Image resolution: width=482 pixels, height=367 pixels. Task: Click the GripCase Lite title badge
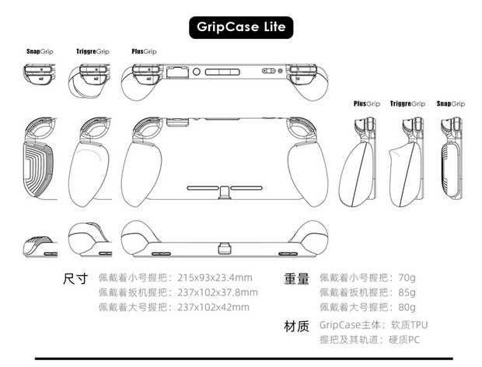tap(240, 27)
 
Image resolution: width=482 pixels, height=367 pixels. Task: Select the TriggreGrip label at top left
tap(93, 51)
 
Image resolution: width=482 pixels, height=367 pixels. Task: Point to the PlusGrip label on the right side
tap(366, 103)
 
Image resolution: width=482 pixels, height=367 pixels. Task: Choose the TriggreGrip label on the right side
tap(407, 103)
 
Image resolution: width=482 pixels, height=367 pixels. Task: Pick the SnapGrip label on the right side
tap(450, 103)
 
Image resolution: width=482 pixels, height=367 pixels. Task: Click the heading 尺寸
tap(75, 278)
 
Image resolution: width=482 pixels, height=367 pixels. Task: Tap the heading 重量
tap(298, 278)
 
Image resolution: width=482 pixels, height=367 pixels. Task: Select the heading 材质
tap(298, 324)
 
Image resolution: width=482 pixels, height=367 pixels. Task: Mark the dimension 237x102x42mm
tap(212, 307)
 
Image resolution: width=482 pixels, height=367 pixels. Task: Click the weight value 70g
tap(406, 278)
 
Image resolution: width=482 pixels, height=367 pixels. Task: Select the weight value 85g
tap(406, 292)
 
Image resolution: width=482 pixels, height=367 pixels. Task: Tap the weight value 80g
tap(406, 307)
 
